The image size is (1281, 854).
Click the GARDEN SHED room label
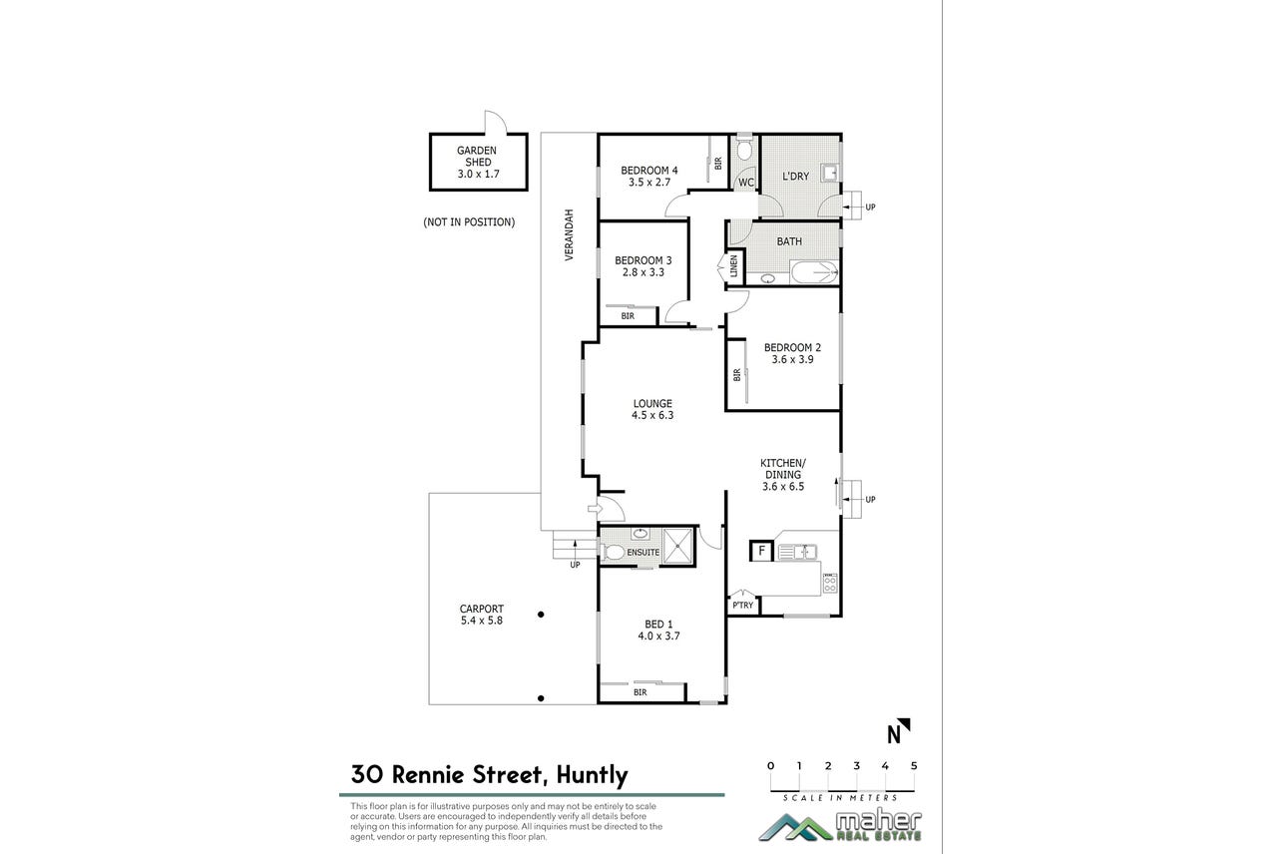[x=478, y=157]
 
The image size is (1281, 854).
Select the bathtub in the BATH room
[x=814, y=272]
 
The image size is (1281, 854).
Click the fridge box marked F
[x=761, y=551]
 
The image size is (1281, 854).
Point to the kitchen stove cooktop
[x=829, y=583]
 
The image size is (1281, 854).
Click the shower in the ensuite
[x=678, y=546]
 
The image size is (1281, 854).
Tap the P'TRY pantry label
[x=743, y=606]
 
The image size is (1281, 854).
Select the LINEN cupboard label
[x=733, y=266]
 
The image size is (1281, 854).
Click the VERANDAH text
[x=569, y=235]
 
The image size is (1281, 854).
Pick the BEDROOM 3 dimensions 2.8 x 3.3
[x=643, y=272]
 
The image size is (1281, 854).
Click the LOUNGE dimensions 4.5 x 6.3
[x=652, y=415]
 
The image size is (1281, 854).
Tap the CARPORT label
[x=482, y=609]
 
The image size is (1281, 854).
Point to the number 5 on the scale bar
[x=914, y=766]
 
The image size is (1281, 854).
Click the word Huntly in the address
[x=592, y=775]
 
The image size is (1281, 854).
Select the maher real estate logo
[x=840, y=826]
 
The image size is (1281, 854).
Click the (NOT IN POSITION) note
[x=469, y=221]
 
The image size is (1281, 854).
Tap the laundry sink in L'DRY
[x=830, y=173]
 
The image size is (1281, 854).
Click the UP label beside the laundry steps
[x=870, y=208]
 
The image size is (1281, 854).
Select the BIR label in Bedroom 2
[x=736, y=375]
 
